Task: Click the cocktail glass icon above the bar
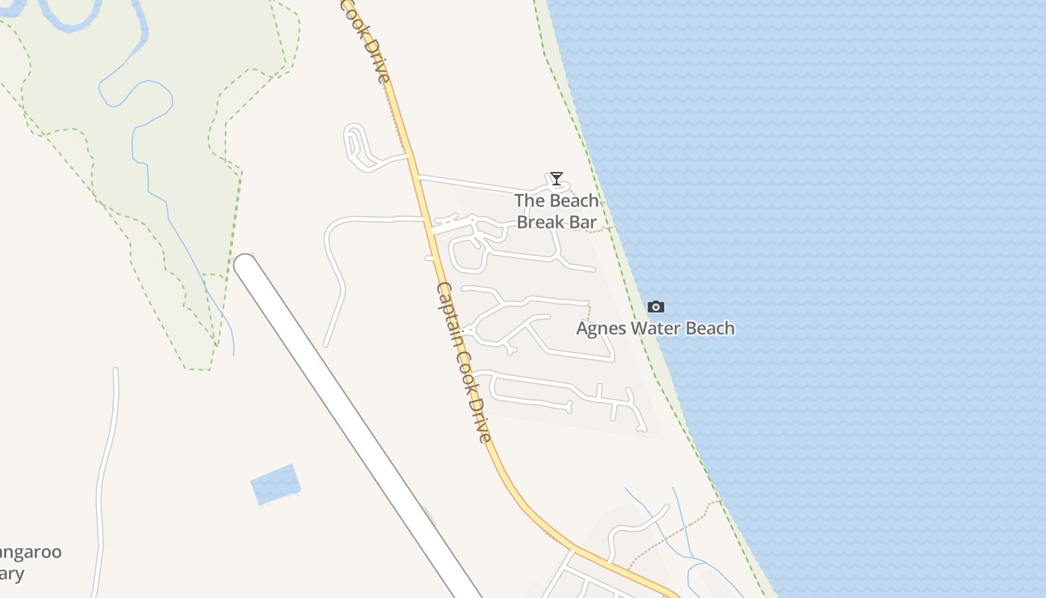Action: point(557,178)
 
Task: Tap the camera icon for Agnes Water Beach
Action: point(656,306)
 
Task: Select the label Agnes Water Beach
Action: point(655,328)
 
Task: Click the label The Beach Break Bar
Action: point(557,211)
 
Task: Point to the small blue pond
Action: point(275,484)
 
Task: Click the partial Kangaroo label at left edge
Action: point(30,553)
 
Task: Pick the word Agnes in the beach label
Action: point(601,328)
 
